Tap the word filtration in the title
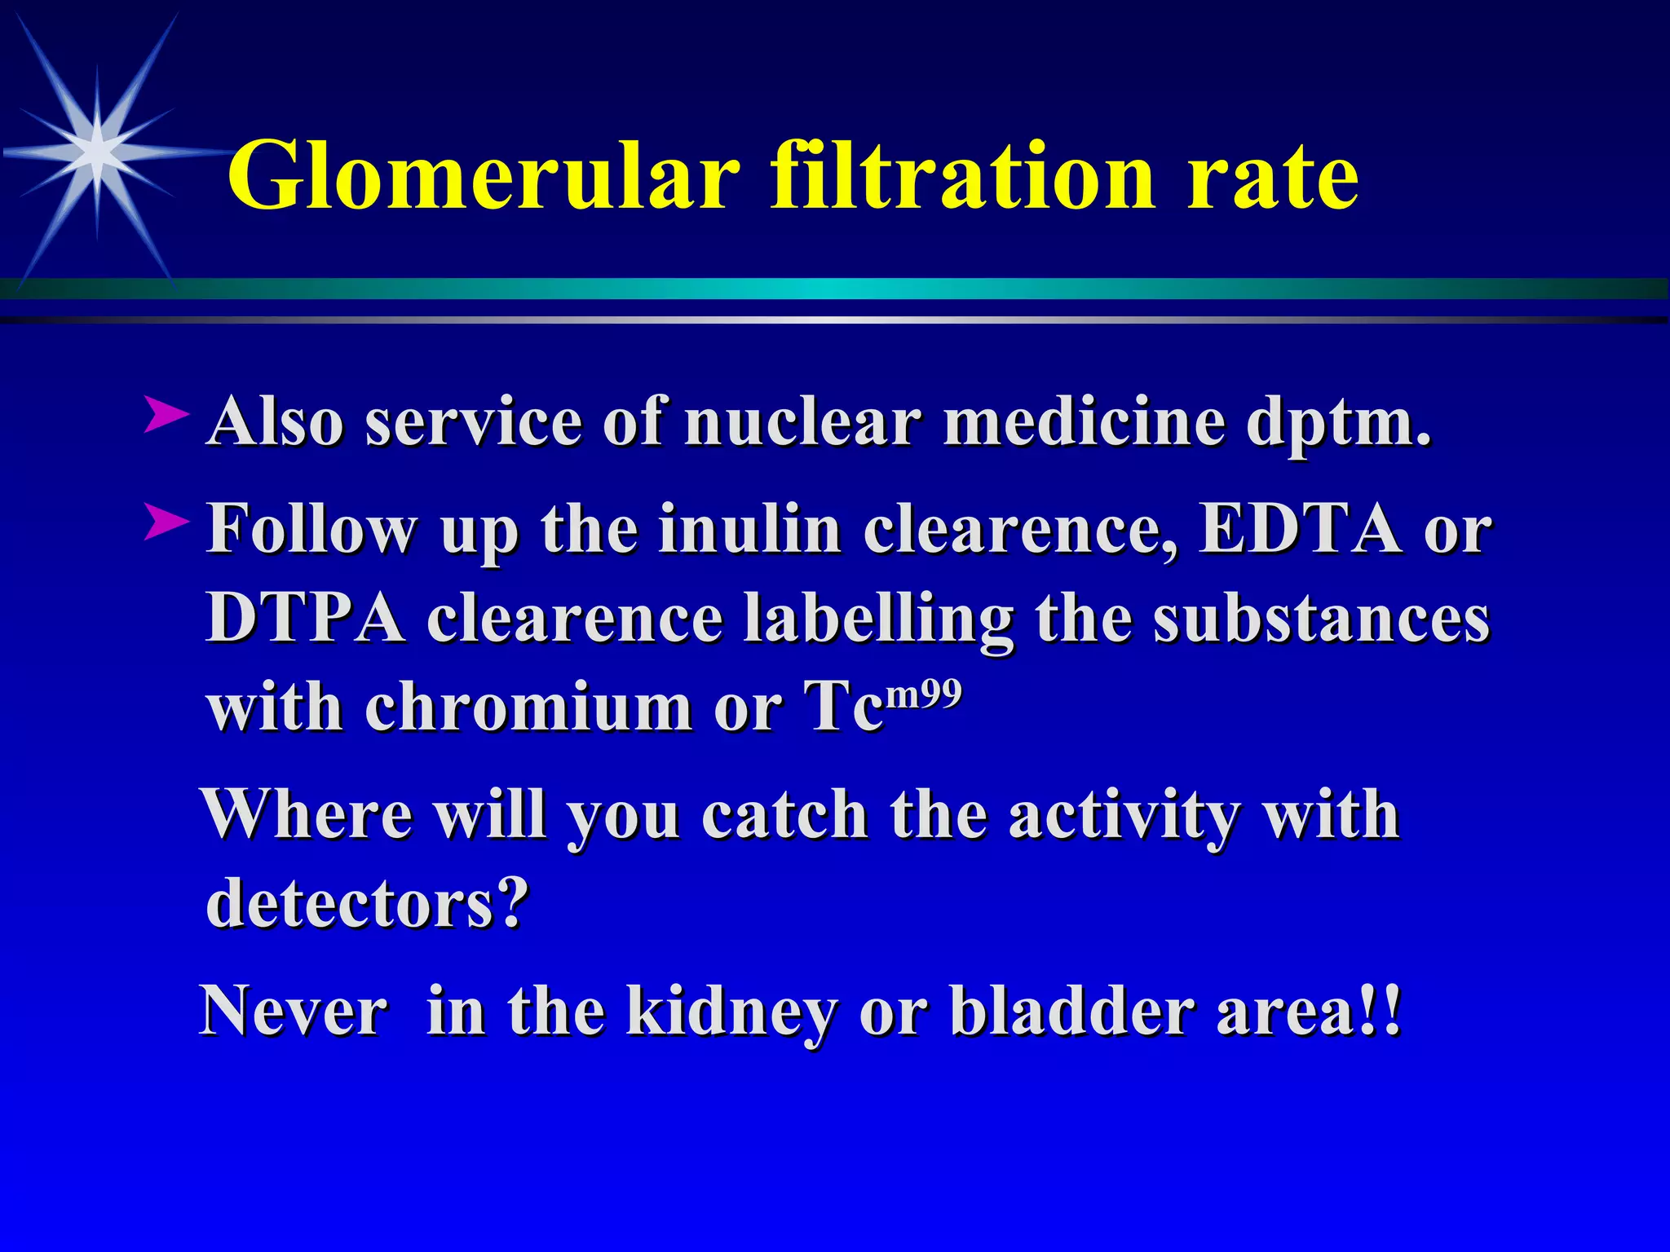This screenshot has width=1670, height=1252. click(x=963, y=175)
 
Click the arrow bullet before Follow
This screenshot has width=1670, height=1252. click(x=166, y=522)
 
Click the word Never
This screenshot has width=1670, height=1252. click(x=294, y=1011)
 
